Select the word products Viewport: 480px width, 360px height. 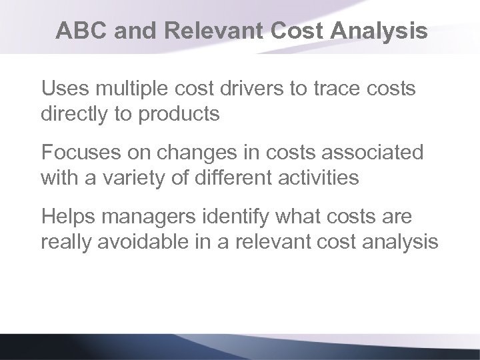coord(180,115)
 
